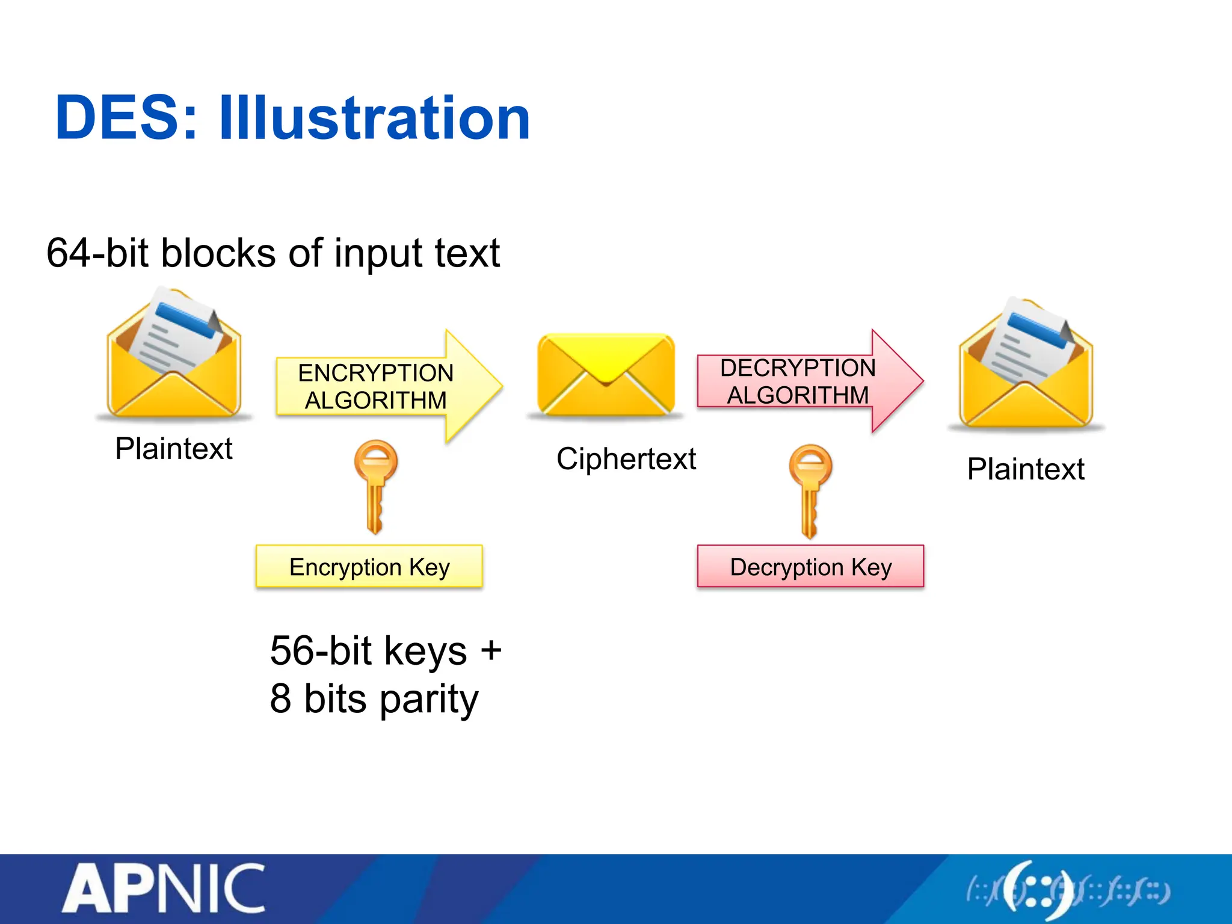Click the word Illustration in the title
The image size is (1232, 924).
374,119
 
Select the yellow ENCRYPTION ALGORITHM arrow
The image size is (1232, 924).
385,386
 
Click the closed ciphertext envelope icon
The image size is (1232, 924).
606,375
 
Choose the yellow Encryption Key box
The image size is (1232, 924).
369,567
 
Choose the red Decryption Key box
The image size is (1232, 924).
810,567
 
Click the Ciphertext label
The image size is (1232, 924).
626,459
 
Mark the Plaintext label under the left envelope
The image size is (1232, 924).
173,449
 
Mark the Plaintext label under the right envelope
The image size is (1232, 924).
1026,469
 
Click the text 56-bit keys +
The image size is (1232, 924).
385,651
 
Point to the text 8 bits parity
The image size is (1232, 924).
374,699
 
